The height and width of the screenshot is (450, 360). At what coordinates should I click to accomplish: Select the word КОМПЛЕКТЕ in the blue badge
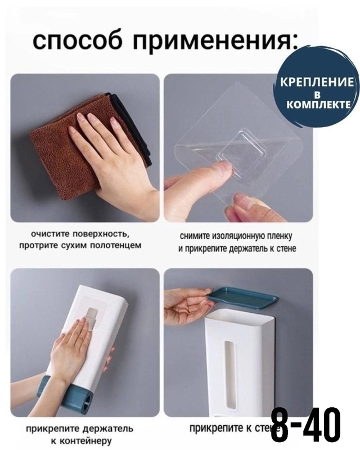click(x=319, y=104)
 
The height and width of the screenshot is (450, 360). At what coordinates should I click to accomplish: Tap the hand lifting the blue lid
click(x=186, y=307)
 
